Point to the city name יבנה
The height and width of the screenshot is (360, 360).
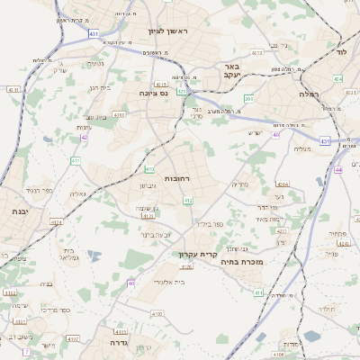coord(19,211)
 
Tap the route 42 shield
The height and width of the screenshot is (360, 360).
coord(85,138)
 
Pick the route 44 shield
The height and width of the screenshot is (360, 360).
coord(338,169)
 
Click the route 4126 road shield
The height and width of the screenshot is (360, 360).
coord(187,266)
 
